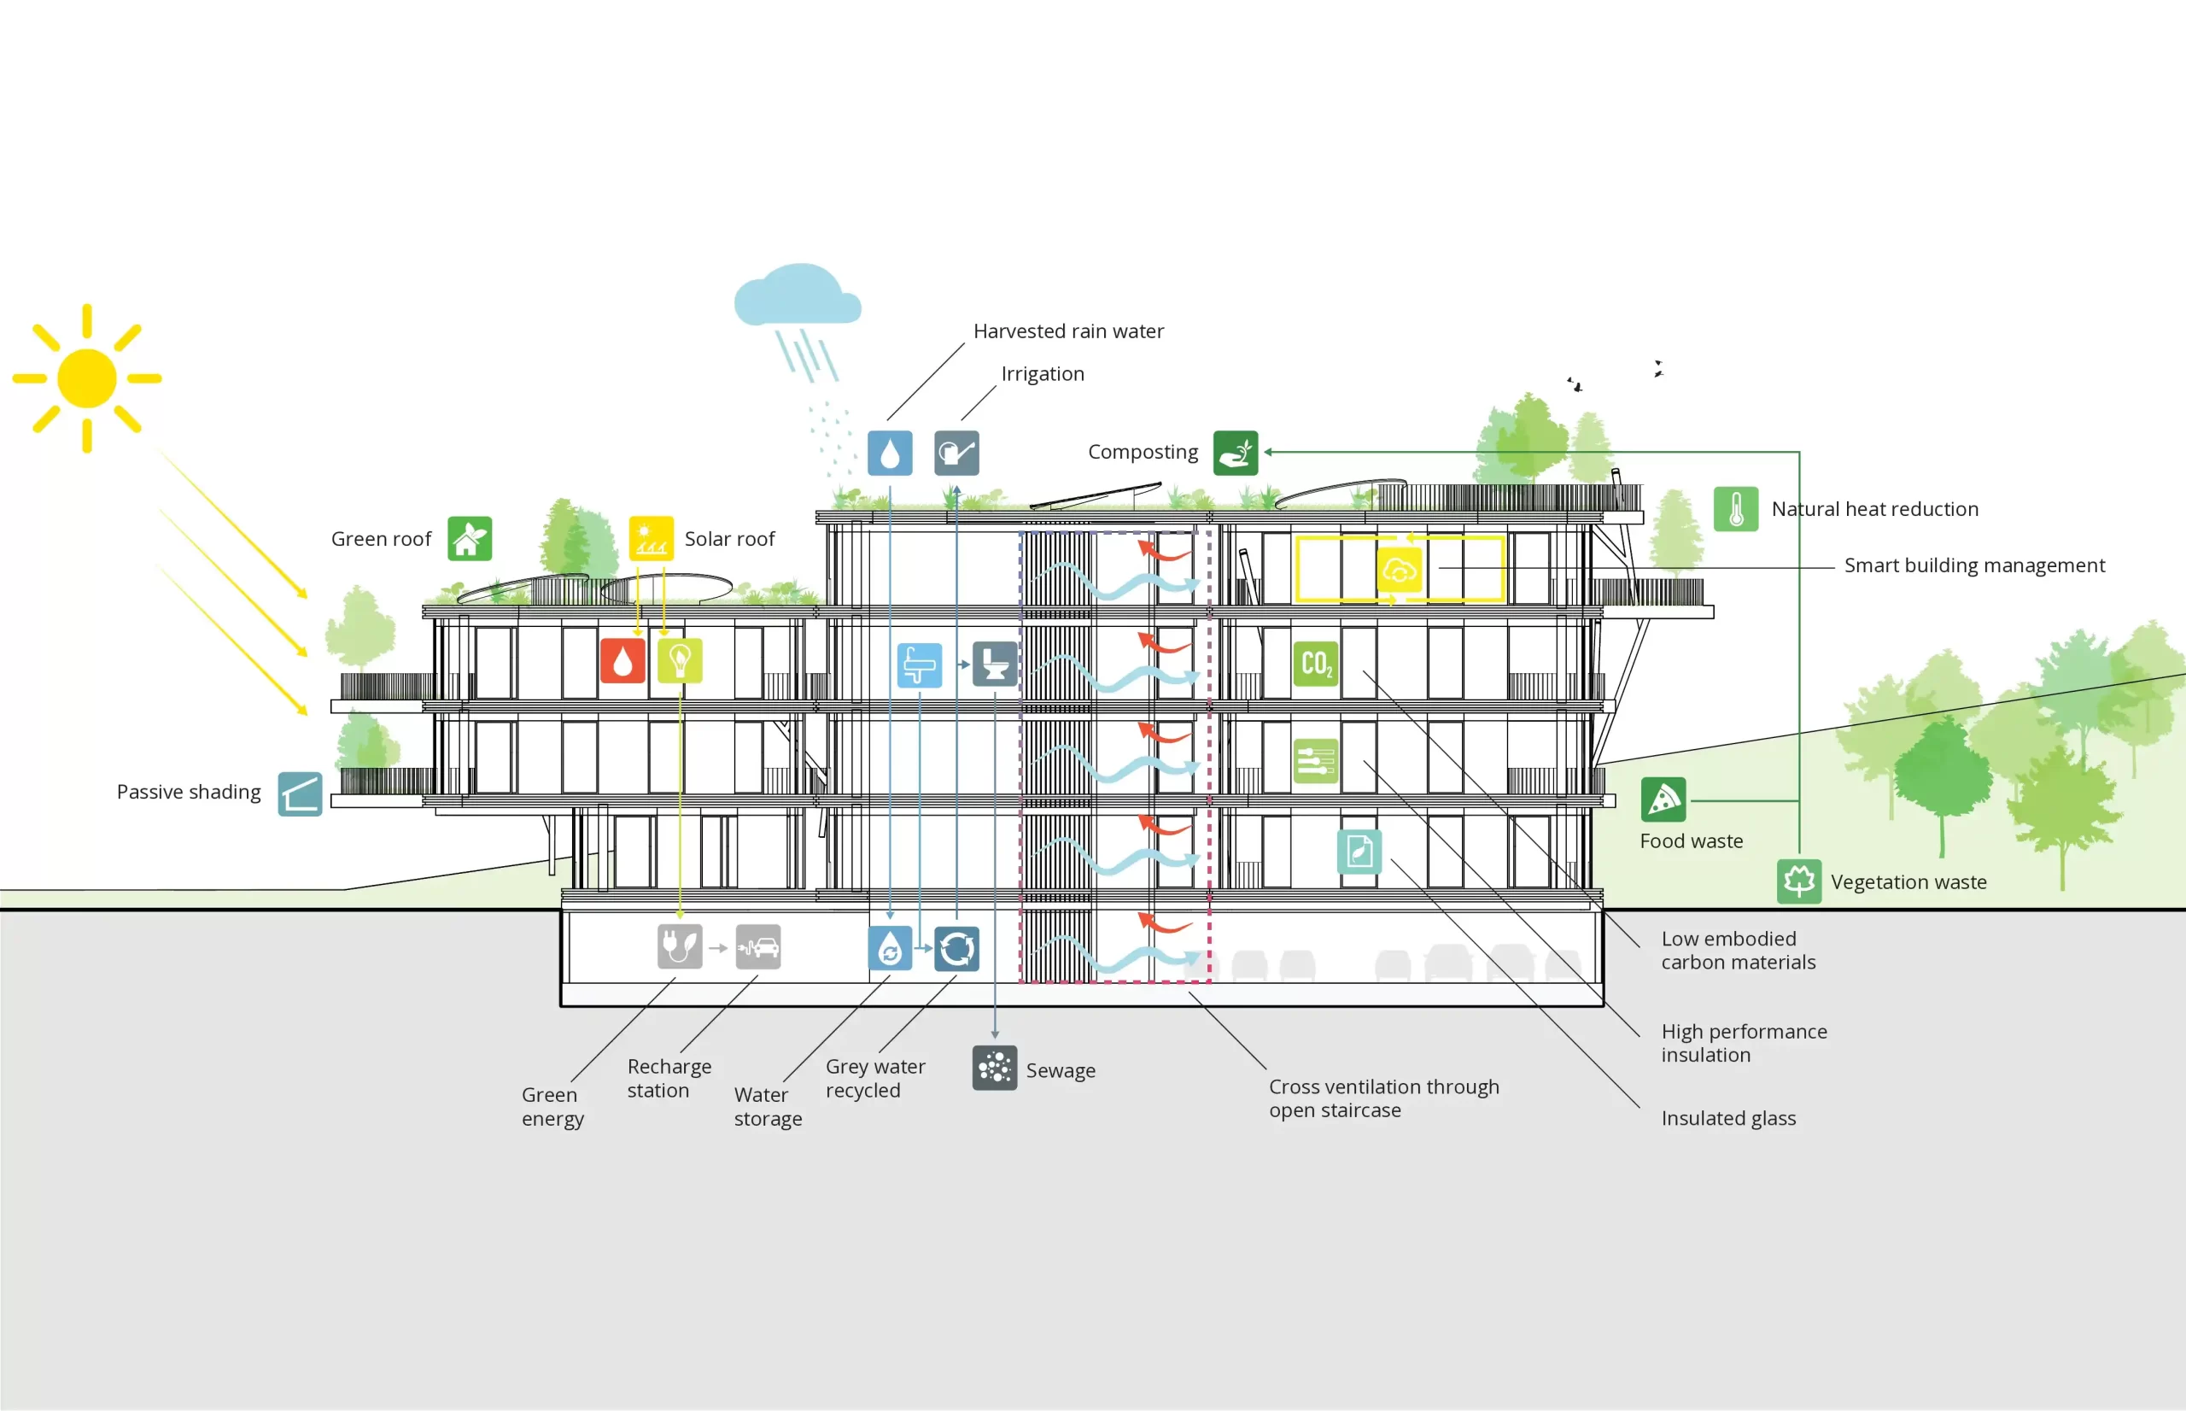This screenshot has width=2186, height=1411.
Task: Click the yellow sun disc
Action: tap(87, 378)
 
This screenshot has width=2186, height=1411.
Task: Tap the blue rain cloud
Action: tap(798, 296)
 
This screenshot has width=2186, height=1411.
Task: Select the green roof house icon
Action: tap(470, 539)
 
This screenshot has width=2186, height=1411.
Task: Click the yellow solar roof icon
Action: tap(652, 539)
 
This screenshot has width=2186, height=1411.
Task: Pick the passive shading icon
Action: tap(301, 793)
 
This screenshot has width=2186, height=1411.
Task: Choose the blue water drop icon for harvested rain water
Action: tap(890, 453)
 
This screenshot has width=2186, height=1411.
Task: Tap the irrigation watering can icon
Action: tap(957, 453)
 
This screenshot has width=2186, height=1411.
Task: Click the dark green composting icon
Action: tap(1236, 453)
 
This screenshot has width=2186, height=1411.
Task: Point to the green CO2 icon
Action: tap(1316, 664)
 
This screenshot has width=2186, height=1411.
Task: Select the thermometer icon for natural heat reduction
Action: tap(1735, 508)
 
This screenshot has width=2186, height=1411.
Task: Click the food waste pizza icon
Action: tap(1663, 799)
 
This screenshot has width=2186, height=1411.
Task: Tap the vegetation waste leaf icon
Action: tap(1798, 881)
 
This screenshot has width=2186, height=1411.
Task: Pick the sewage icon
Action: tap(995, 1068)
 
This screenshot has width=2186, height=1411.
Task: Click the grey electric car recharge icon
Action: tap(758, 947)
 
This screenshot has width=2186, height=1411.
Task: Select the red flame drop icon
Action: tap(622, 660)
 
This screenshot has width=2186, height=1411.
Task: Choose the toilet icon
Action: tap(995, 664)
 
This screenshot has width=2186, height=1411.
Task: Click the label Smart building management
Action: tap(1973, 565)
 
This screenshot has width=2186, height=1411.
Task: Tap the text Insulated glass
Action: tap(1728, 1118)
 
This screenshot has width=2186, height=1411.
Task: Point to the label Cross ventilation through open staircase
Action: tap(1382, 1098)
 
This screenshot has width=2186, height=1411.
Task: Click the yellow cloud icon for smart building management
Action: tap(1400, 570)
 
